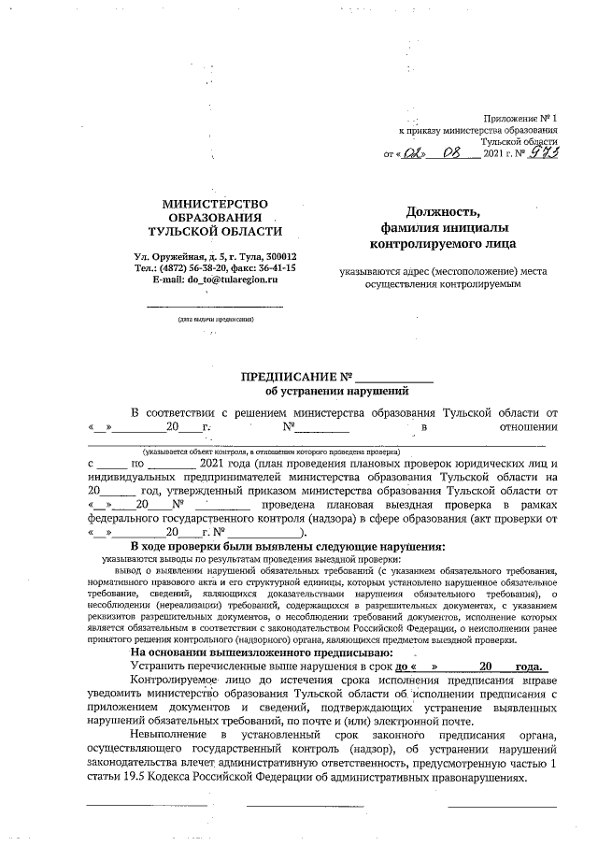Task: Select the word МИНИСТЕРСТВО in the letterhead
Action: (215, 204)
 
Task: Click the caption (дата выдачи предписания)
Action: (215, 320)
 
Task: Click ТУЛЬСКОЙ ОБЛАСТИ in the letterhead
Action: (215, 231)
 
